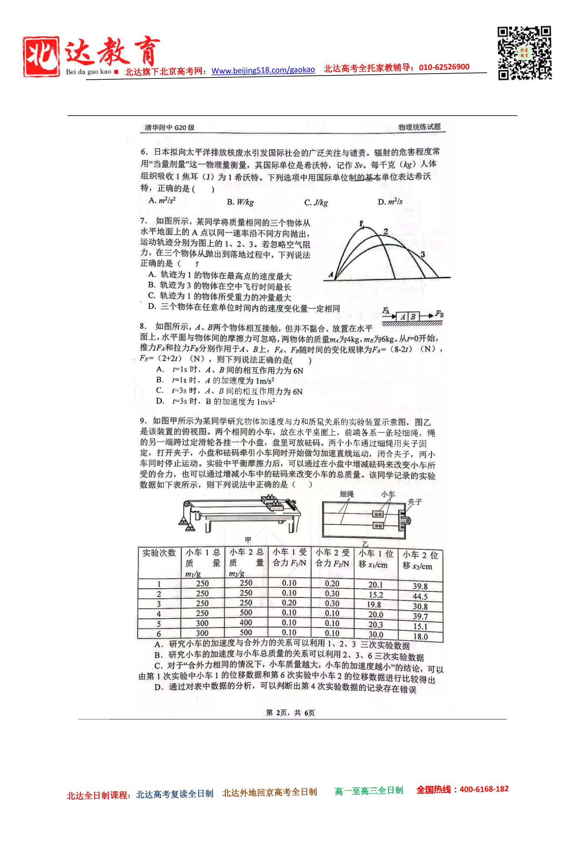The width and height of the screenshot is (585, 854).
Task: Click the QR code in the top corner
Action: [x=524, y=52]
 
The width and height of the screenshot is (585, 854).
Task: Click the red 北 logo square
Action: [x=41, y=57]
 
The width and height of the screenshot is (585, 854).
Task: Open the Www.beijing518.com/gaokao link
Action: [x=263, y=70]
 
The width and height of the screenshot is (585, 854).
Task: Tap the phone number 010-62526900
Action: [x=444, y=67]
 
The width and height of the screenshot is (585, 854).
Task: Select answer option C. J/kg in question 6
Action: [x=316, y=202]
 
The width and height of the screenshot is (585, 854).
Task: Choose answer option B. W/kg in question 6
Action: [x=240, y=202]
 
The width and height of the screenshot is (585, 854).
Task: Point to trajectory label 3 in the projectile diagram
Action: [x=422, y=255]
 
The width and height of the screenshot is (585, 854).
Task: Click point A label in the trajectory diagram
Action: [x=331, y=274]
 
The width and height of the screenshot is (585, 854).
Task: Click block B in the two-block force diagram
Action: [x=413, y=317]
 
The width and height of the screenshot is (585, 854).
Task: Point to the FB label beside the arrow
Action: [x=439, y=314]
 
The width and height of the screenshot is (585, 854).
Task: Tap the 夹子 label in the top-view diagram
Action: [x=414, y=502]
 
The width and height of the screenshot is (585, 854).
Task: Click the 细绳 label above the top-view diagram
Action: [x=347, y=494]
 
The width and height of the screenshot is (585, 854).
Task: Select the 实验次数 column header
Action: [x=159, y=553]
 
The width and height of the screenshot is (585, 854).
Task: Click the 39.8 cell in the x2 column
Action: [x=420, y=586]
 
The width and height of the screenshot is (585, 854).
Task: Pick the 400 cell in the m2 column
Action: [x=246, y=623]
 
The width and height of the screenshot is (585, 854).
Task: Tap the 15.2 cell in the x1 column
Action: [x=376, y=595]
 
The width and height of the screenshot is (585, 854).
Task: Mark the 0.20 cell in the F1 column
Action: [x=289, y=603]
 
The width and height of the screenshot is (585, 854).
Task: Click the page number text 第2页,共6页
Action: [x=290, y=713]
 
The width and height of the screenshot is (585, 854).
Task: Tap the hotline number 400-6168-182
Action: [x=484, y=789]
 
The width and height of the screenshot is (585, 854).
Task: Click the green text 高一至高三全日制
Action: [x=369, y=791]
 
